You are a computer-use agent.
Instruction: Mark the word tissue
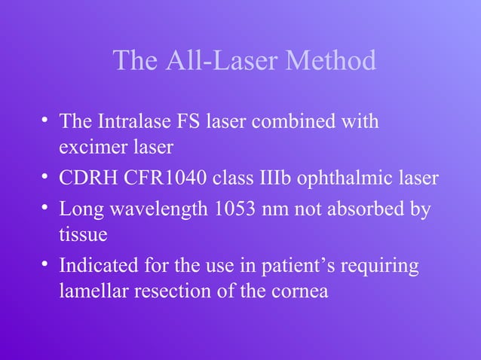click(x=83, y=235)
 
